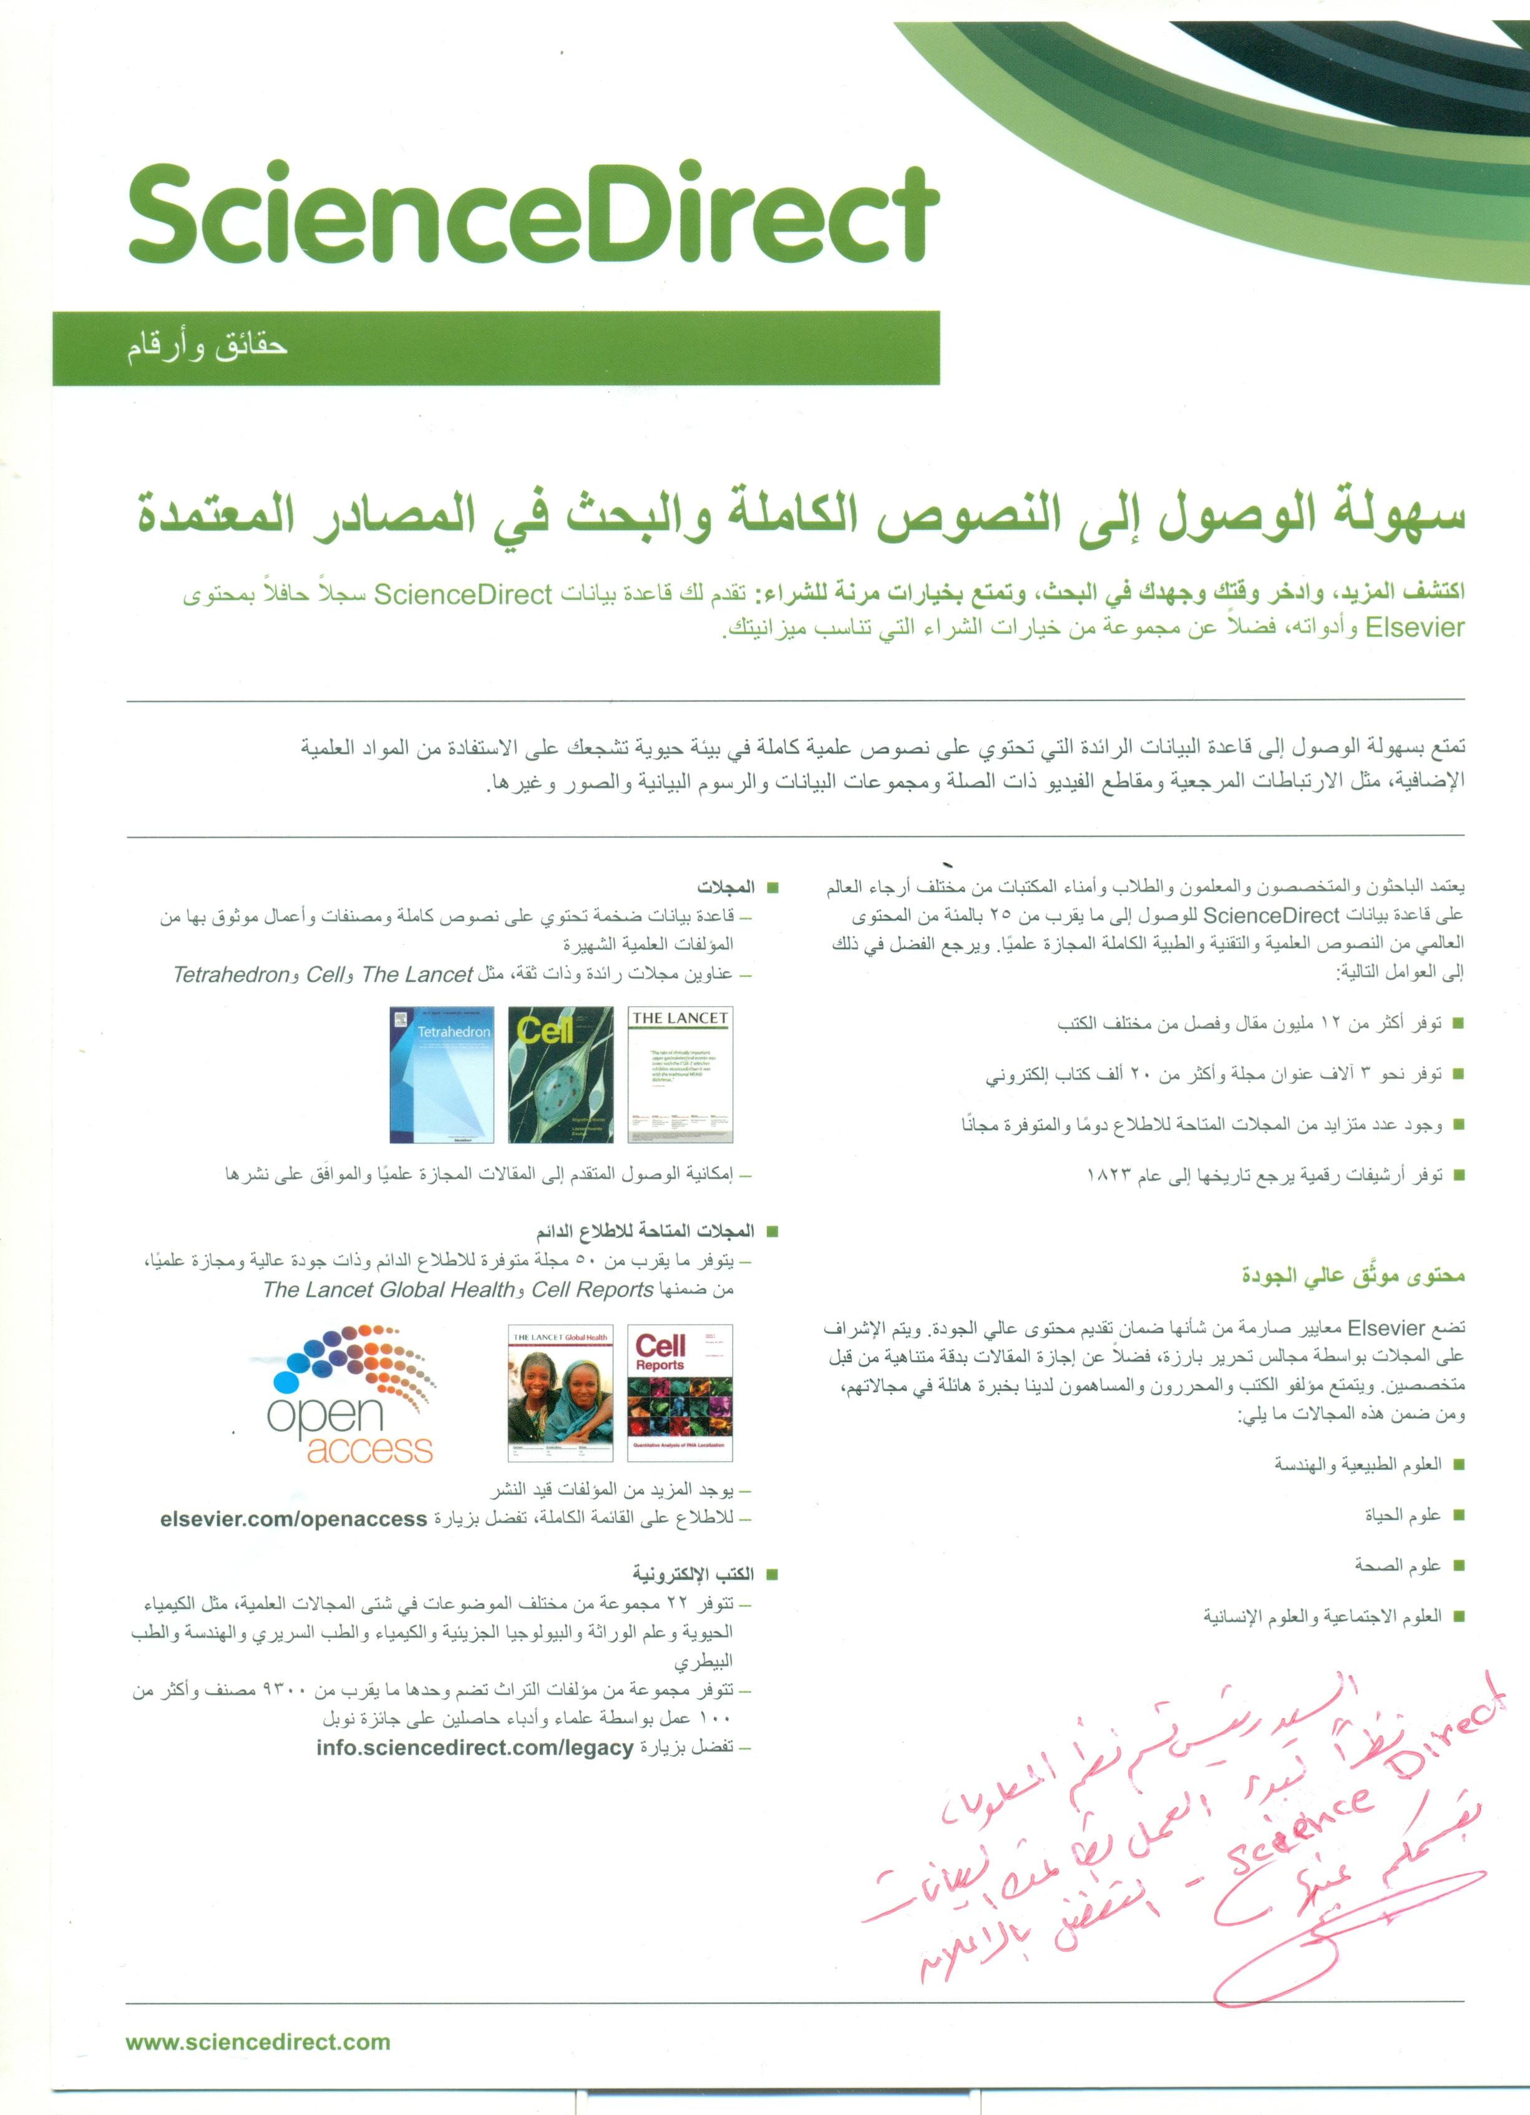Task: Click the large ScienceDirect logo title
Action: (x=534, y=215)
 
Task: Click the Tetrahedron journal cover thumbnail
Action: (x=442, y=1074)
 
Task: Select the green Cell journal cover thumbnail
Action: (x=560, y=1074)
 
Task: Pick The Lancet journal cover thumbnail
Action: (x=680, y=1074)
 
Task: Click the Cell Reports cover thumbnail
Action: (x=680, y=1392)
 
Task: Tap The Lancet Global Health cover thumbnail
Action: (x=560, y=1392)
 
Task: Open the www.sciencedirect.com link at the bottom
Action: (x=258, y=2041)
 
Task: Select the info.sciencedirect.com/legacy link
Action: (x=475, y=1747)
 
